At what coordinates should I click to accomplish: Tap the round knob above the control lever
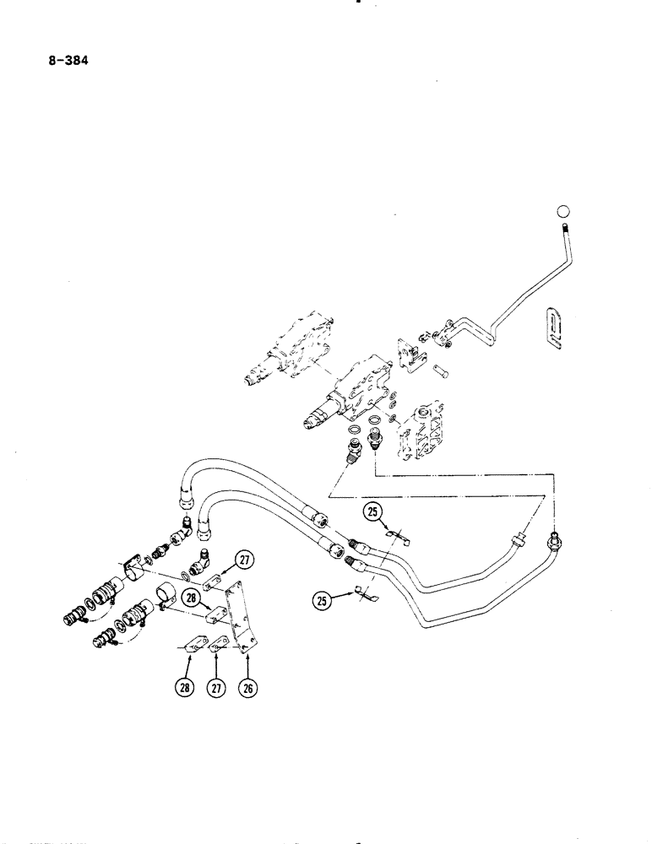[x=565, y=211]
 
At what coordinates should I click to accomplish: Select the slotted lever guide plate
[x=553, y=327]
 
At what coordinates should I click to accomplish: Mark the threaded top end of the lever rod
[x=563, y=229]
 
